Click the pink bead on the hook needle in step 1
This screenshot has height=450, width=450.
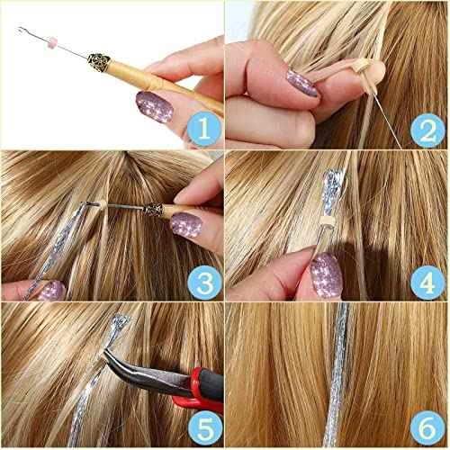(51, 42)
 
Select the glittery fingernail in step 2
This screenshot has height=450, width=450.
(302, 82)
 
